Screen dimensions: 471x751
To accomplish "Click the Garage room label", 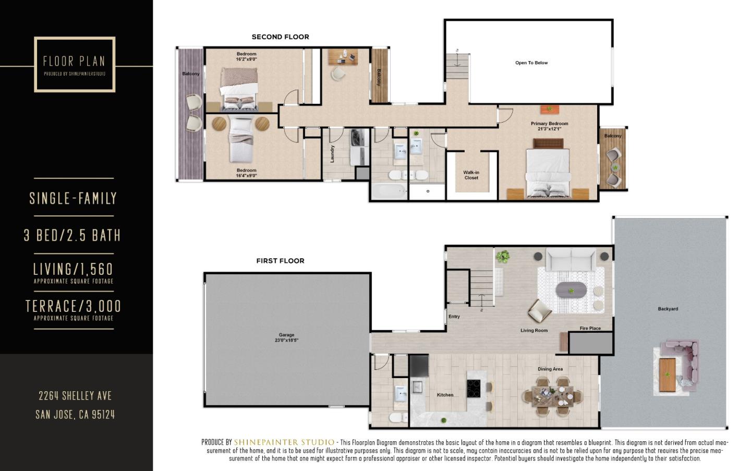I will pyautogui.click(x=286, y=337).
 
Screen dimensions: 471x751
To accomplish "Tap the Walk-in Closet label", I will pyautogui.click(x=471, y=175).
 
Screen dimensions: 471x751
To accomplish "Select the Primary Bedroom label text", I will pyautogui.click(x=549, y=126).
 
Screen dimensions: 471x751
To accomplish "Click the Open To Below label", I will pyautogui.click(x=531, y=63).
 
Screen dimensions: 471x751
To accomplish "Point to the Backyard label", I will pyautogui.click(x=668, y=309).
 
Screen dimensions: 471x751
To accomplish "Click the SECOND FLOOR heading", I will pyautogui.click(x=280, y=37).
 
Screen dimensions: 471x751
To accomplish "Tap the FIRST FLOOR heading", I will pyautogui.click(x=280, y=261).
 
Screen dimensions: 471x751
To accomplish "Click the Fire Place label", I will pyautogui.click(x=590, y=329).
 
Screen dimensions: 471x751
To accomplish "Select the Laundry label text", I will pyautogui.click(x=332, y=154).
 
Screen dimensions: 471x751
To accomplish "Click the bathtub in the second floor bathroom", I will pyautogui.click(x=389, y=191).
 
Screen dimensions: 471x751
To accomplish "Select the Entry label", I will pyautogui.click(x=454, y=317).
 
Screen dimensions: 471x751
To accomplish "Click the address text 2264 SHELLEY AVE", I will pyautogui.click(x=75, y=396).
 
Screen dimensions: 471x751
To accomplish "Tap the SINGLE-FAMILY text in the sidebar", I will pyautogui.click(x=73, y=198).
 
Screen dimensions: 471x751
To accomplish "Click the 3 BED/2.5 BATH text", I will pyautogui.click(x=72, y=235).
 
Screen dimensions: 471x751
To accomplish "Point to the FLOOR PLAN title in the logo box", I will pyautogui.click(x=74, y=61).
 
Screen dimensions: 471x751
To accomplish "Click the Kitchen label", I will pyautogui.click(x=445, y=395).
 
